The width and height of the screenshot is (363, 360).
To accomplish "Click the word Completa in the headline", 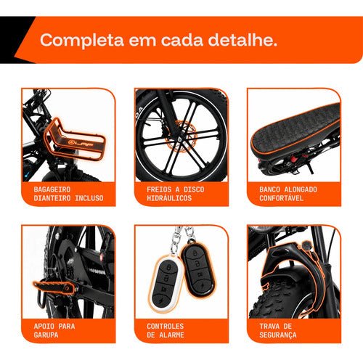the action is pyautogui.click(x=82, y=40).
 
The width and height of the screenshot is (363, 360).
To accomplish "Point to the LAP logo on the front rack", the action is pyautogui.click(x=81, y=143).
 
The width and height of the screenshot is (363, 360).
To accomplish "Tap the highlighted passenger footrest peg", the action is pyautogui.click(x=54, y=288).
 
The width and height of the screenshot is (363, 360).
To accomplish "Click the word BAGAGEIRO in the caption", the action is pyautogui.click(x=52, y=189).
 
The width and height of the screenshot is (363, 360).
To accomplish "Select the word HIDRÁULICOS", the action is pyautogui.click(x=169, y=198).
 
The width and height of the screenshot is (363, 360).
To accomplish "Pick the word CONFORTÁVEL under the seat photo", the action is pyautogui.click(x=281, y=198).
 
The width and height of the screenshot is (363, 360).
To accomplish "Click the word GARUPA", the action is pyautogui.click(x=46, y=335).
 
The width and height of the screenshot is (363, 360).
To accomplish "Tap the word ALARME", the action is pyautogui.click(x=171, y=335).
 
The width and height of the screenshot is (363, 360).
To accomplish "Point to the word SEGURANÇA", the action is pyautogui.click(x=278, y=335).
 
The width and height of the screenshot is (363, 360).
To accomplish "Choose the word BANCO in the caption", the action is pyautogui.click(x=269, y=189).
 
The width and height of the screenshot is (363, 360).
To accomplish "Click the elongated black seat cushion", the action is pyautogui.click(x=294, y=129).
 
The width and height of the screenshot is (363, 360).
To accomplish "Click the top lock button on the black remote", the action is pyautogui.click(x=195, y=253).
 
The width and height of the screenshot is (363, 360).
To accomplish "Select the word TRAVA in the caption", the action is pyautogui.click(x=269, y=326).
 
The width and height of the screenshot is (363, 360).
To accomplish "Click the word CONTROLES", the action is pyautogui.click(x=165, y=326).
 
